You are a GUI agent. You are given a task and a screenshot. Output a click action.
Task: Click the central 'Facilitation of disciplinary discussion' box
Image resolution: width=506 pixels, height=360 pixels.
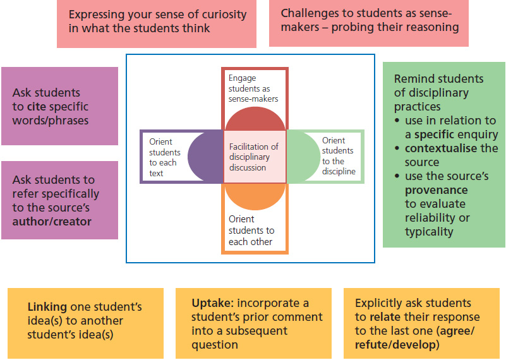pyautogui.click(x=254, y=157)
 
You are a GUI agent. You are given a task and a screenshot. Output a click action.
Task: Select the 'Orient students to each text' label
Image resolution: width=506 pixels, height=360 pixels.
pyautogui.click(x=165, y=157)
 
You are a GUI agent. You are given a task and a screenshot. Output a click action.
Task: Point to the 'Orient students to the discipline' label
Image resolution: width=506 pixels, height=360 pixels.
pyautogui.click(x=339, y=156)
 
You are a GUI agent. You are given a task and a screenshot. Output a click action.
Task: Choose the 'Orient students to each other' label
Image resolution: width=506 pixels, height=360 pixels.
pyautogui.click(x=251, y=230)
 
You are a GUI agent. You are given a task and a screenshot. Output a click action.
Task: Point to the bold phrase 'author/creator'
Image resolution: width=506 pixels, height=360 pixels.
pyautogui.click(x=52, y=222)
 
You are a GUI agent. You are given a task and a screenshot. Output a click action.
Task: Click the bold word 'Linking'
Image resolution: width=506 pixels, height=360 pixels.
pyautogui.click(x=48, y=307)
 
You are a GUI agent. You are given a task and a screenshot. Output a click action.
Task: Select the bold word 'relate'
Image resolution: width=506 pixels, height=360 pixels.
pyautogui.click(x=385, y=316)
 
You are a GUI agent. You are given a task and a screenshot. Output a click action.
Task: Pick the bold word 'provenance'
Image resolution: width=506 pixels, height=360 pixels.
pyautogui.click(x=436, y=190)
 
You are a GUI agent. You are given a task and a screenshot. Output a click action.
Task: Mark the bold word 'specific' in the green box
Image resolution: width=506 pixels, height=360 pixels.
pyautogui.click(x=436, y=135)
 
